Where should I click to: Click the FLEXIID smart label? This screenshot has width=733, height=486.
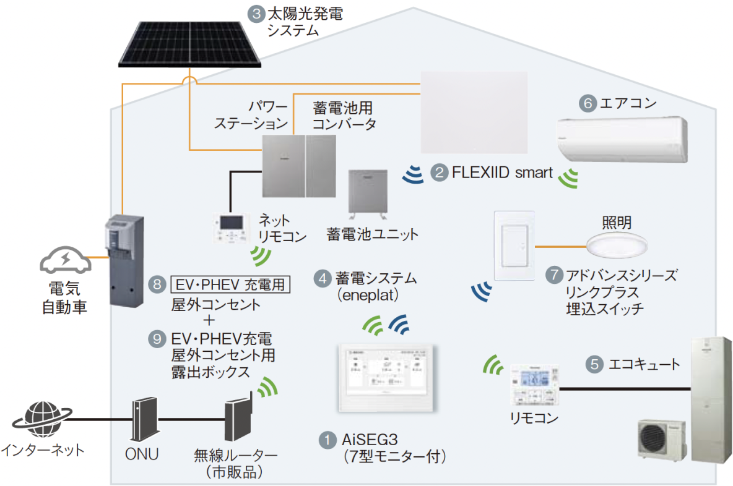click(x=502, y=173)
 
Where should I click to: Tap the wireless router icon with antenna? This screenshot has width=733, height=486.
click(x=238, y=420)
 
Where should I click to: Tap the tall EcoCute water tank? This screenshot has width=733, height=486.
click(x=711, y=398)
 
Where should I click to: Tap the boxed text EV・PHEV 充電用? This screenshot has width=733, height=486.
click(x=230, y=285)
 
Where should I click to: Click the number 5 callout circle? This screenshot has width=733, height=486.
click(x=594, y=364)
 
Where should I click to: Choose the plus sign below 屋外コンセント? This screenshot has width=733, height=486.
click(x=209, y=320)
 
